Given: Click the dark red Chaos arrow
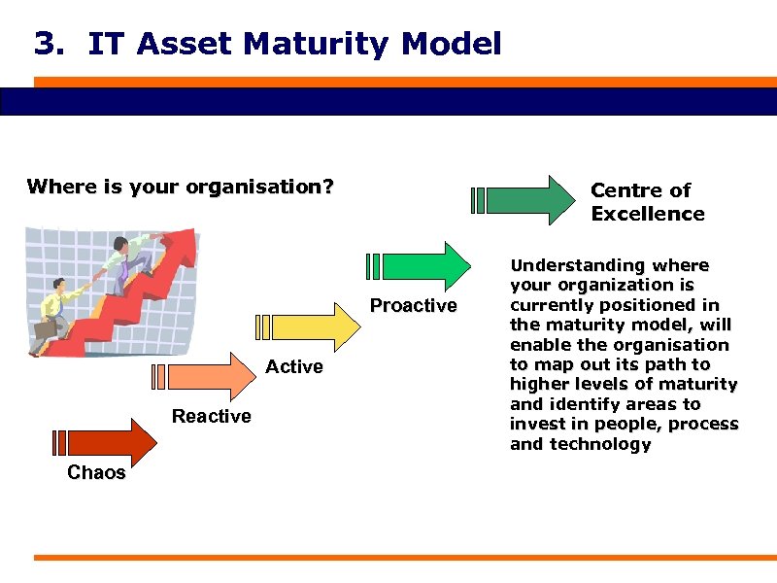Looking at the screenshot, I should tap(112, 442).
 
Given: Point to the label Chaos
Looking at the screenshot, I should tap(96, 473).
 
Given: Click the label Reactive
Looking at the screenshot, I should tap(211, 417).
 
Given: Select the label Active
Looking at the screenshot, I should tap(293, 366).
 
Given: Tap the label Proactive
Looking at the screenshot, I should tap(413, 306).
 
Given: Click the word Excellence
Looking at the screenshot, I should tap(647, 214).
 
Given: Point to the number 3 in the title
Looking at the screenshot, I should tap(43, 44).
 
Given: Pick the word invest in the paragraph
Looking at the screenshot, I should tap(536, 425).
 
